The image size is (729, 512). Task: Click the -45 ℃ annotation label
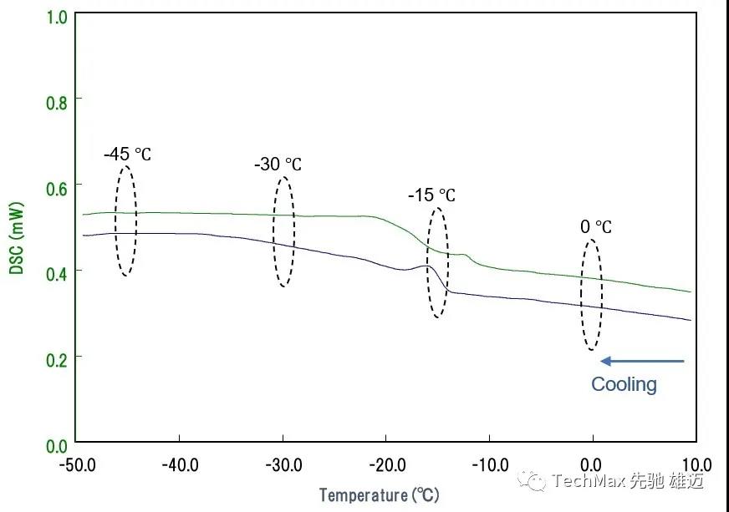(x=128, y=155)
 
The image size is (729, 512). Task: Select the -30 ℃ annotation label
(x=278, y=165)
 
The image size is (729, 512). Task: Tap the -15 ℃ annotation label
(x=431, y=195)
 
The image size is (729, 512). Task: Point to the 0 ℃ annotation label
(x=596, y=226)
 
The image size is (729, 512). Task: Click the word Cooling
(x=624, y=385)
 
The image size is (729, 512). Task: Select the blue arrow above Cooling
(x=642, y=361)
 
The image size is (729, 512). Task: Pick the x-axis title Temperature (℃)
(x=379, y=494)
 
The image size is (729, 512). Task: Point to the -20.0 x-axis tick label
(x=386, y=464)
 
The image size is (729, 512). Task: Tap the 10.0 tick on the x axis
(x=696, y=464)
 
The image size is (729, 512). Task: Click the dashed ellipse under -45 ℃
(x=125, y=221)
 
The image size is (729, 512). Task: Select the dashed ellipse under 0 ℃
(x=591, y=295)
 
